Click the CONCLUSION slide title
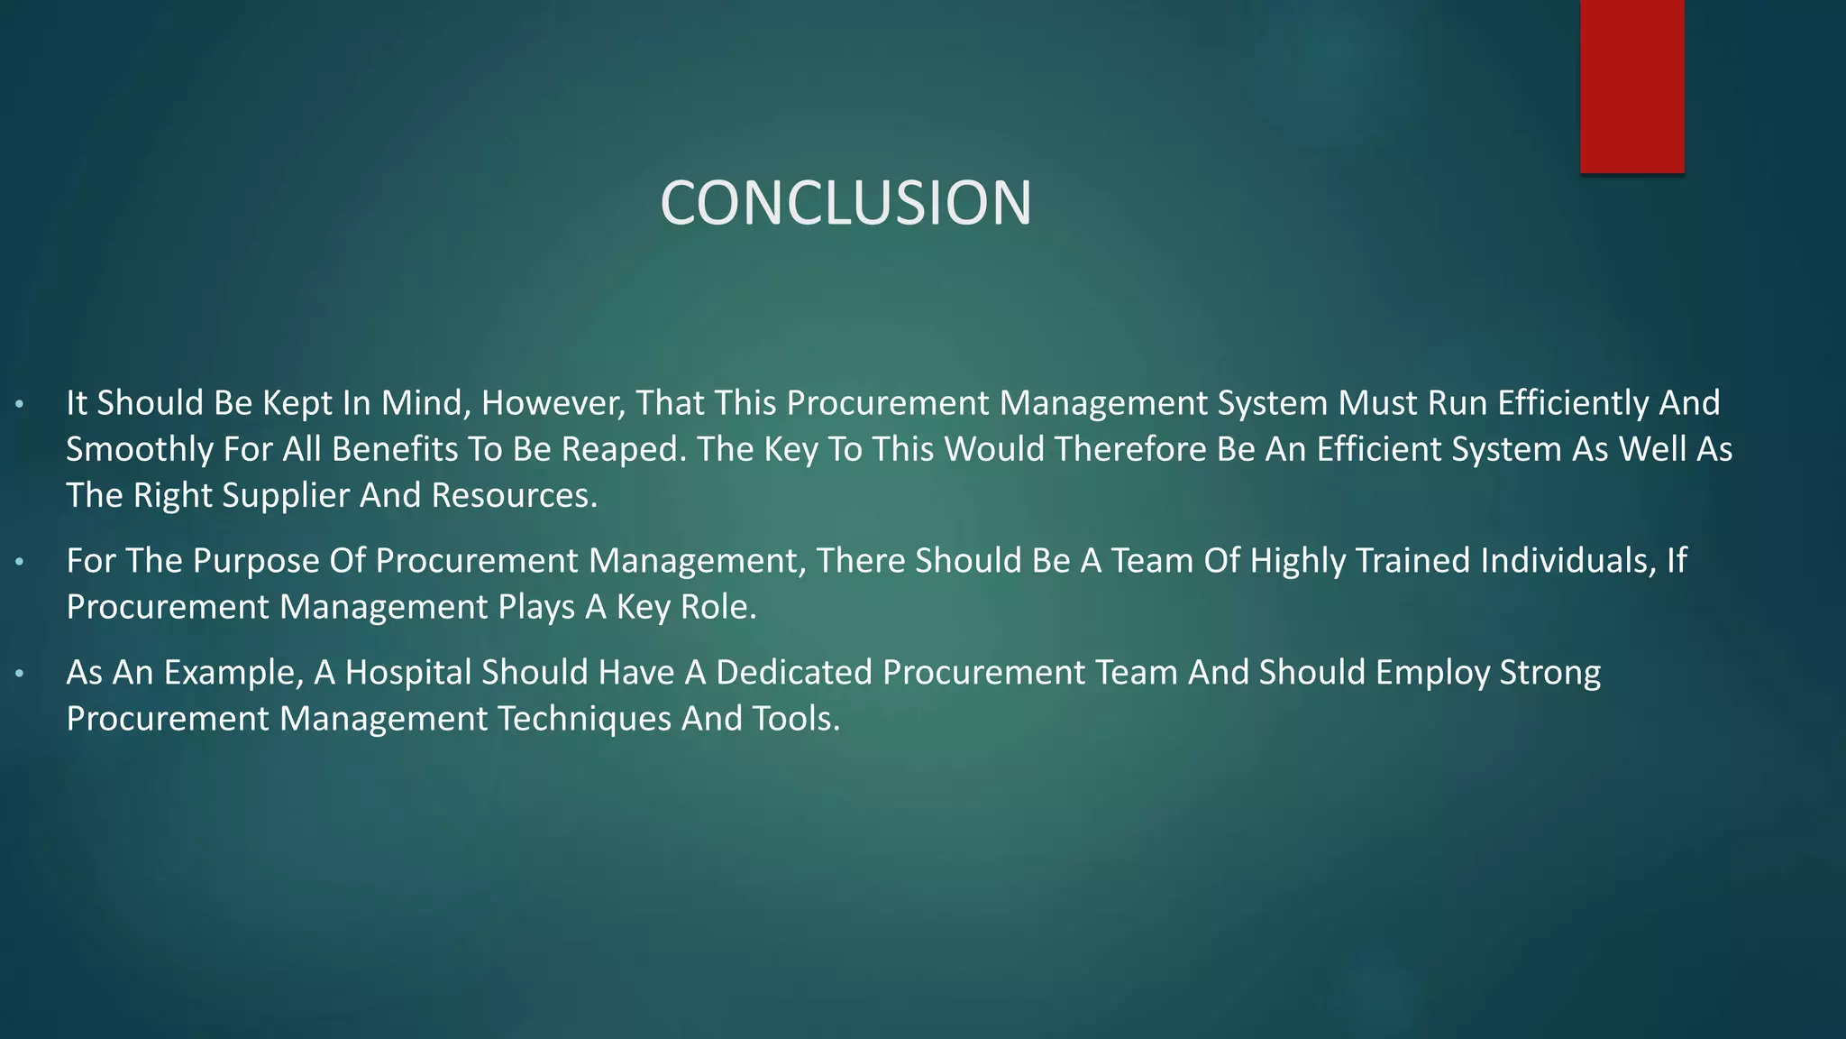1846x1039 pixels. (x=845, y=202)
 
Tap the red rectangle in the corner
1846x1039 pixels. (x=1631, y=86)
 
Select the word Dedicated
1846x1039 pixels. (x=793, y=673)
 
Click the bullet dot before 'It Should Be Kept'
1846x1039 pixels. (x=20, y=404)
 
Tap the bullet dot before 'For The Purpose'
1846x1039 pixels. (x=20, y=562)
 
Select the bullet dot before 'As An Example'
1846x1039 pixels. (x=20, y=674)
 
